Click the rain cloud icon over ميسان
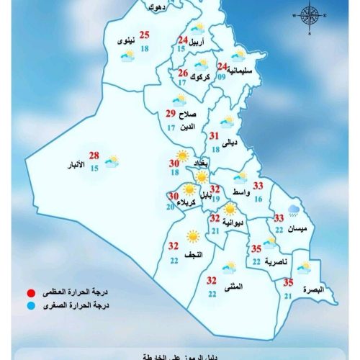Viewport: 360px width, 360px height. point(294,211)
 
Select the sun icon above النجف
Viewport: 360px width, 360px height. point(192,235)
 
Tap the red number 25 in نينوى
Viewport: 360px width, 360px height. point(144,35)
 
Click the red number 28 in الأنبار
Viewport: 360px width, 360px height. point(94,156)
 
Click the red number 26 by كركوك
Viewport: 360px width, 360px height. point(183,73)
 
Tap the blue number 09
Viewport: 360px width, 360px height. point(222,77)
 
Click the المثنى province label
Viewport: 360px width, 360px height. point(234,287)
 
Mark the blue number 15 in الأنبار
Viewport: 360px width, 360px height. point(94,168)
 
